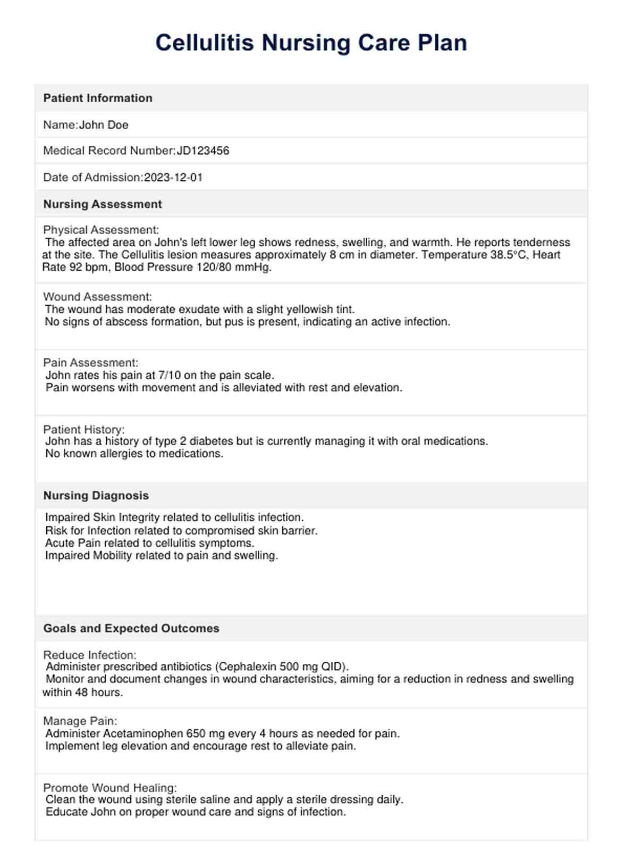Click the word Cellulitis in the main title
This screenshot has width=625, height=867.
pos(205,43)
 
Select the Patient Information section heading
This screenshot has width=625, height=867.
pos(98,98)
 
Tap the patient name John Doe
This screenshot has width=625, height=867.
pos(104,125)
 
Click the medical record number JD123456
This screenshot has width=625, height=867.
pos(203,151)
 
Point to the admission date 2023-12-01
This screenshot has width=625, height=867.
pos(173,178)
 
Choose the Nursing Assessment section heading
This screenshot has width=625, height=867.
pos(103,204)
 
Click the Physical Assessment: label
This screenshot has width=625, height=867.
pos(101,230)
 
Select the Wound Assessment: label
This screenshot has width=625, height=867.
pos(97,297)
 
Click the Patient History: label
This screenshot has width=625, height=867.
pos(84,429)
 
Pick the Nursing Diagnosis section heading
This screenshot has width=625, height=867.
pos(96,496)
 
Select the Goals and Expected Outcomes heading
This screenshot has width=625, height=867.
pos(131,628)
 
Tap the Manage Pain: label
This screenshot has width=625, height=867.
pos(80,721)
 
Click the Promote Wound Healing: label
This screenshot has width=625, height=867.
pos(110,788)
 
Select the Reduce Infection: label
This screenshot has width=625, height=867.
pos(90,655)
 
